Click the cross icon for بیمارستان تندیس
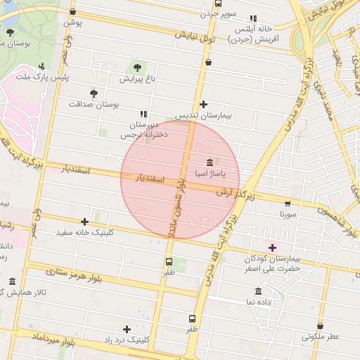coord(204,104)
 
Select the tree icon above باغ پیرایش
coord(136,68)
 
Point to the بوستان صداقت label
coord(94,104)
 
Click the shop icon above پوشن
coord(73,12)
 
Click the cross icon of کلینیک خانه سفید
coord(85,221)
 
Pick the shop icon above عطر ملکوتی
coord(321,326)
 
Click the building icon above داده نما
coord(258,291)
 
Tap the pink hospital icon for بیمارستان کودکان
coord(272,247)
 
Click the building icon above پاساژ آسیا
coord(210,162)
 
